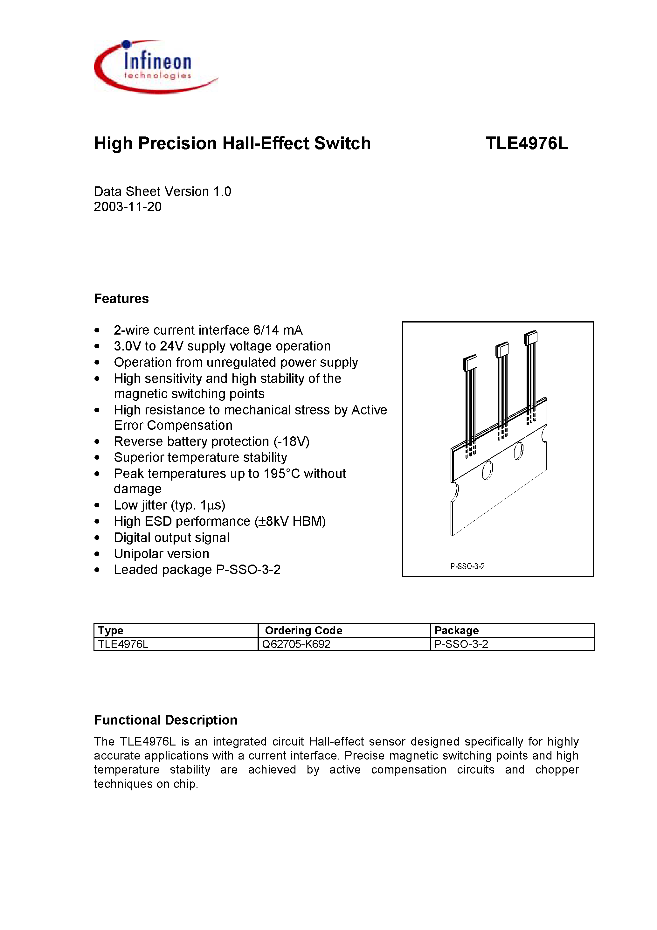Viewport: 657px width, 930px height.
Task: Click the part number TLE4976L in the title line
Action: [526, 143]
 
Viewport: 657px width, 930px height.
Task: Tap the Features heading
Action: [121, 299]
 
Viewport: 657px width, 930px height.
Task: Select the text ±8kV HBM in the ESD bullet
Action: [290, 521]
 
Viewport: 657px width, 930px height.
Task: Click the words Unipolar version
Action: [161, 554]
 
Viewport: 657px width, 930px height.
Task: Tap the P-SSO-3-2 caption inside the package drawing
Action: [467, 566]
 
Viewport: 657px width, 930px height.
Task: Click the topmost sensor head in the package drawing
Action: [531, 338]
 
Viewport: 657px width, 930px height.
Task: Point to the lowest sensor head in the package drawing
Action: [470, 363]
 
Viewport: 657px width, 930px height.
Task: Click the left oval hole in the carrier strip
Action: [487, 471]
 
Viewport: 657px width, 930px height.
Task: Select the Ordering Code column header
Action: [303, 630]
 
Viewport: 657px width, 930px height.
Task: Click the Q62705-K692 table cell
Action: [296, 644]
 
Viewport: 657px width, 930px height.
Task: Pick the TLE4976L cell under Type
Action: [123, 644]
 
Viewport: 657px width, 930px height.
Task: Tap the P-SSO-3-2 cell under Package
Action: [461, 644]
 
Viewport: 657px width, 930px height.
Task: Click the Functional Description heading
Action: [165, 720]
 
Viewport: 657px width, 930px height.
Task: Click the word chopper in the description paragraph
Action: [557, 770]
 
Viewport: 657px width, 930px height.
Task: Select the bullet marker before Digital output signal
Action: [97, 538]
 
